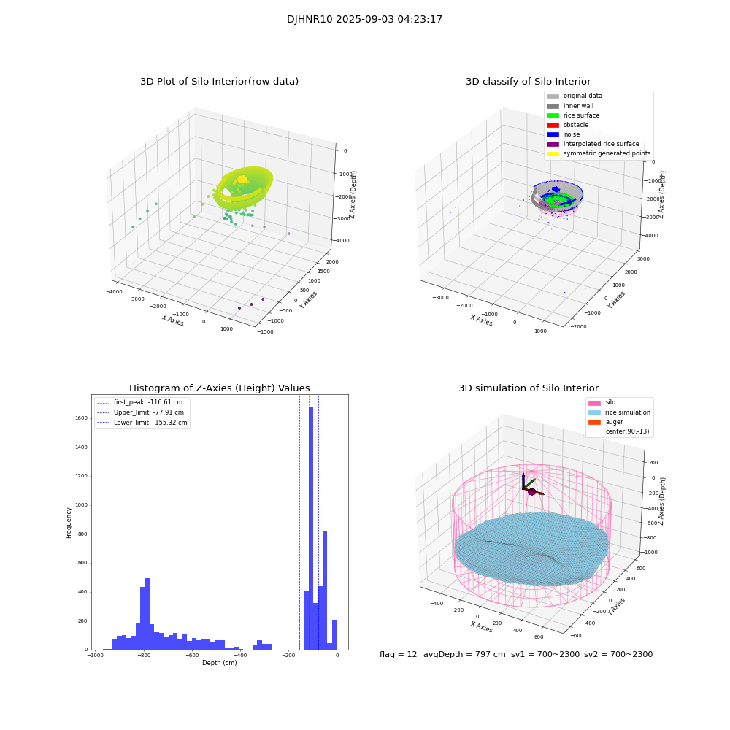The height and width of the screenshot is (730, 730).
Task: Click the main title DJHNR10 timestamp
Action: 364,20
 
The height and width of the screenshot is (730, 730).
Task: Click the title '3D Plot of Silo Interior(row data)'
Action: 219,82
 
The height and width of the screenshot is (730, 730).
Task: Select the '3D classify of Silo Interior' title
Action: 528,82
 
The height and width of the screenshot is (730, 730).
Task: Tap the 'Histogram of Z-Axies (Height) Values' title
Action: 219,388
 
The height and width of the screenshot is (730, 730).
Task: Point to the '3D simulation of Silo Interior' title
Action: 528,388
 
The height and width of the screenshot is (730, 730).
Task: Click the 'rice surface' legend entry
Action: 581,115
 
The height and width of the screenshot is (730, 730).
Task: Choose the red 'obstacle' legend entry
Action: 576,125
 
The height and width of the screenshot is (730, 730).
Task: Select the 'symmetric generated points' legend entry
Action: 606,153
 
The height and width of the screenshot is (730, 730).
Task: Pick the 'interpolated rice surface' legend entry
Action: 603,144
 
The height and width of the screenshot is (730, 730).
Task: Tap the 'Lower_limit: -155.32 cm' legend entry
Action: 150,423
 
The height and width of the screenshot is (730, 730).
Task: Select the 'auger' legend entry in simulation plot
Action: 614,422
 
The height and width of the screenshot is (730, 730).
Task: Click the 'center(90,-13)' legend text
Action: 629,431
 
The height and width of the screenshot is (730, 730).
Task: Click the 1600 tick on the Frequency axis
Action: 80,418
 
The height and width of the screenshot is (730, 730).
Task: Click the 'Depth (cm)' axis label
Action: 219,663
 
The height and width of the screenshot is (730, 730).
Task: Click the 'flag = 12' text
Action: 398,655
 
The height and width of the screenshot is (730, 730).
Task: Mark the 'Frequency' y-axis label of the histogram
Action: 69,523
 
